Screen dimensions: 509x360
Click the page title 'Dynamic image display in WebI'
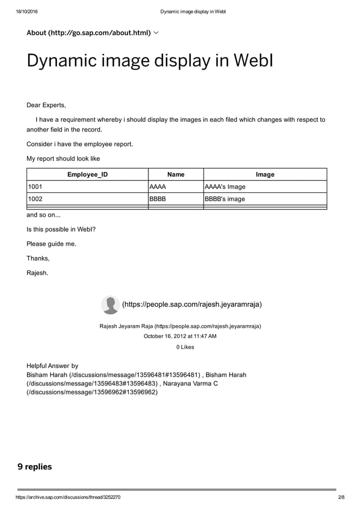(150, 60)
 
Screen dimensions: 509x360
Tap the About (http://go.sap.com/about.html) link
(89, 33)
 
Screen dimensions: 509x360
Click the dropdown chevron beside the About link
(156, 33)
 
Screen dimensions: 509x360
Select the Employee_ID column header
(87, 174)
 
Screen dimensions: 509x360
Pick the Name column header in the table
(175, 174)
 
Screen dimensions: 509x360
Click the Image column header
(265, 174)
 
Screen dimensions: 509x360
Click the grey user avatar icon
(110, 305)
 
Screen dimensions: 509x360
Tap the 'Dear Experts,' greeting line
(46, 105)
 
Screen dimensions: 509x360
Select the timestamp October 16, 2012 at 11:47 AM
(180, 336)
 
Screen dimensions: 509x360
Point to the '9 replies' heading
(34, 467)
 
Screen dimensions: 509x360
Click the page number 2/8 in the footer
(340, 498)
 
